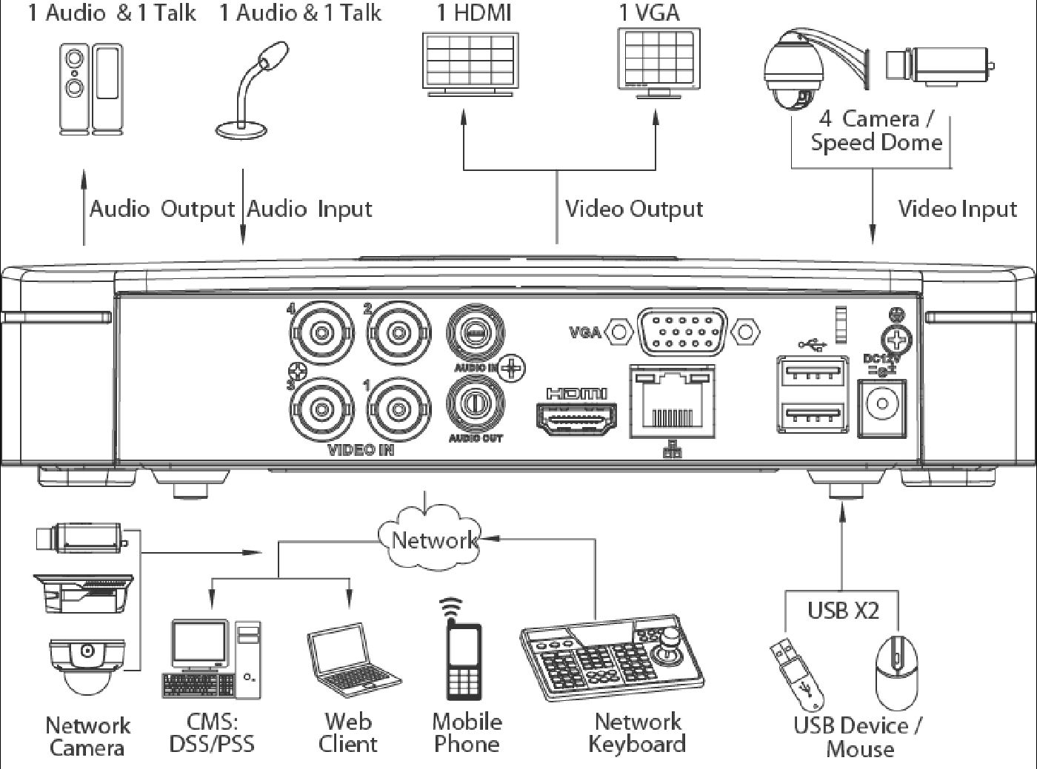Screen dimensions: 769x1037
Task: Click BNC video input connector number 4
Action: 321,332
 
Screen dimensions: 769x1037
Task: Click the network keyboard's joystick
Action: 671,642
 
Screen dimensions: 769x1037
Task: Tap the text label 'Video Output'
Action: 634,209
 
